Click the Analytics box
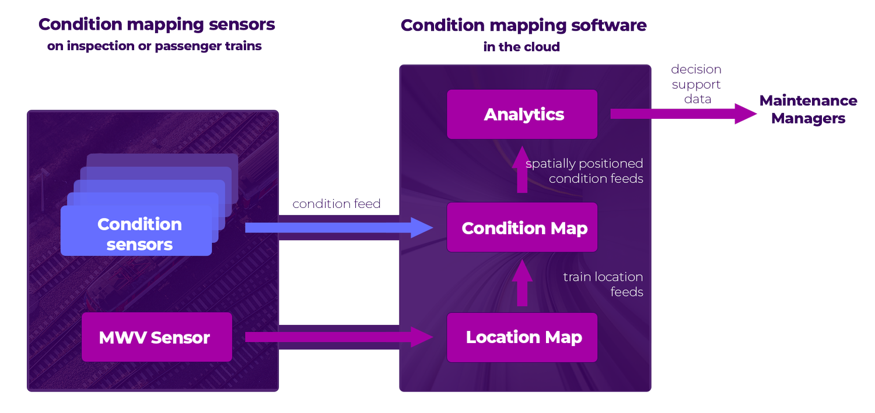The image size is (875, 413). (522, 114)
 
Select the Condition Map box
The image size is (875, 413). (522, 228)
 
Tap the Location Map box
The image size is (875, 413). (522, 337)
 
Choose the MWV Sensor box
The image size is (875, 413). (156, 337)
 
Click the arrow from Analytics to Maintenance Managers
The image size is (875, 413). (682, 114)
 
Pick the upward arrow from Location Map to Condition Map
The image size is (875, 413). (522, 283)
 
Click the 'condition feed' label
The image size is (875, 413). (337, 204)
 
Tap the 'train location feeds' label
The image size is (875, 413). (603, 284)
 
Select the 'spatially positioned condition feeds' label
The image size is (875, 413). (584, 171)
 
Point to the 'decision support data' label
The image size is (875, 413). (696, 84)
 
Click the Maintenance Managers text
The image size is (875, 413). (808, 110)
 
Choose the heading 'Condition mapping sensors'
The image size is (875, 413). (156, 25)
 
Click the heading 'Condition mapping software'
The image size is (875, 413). (523, 26)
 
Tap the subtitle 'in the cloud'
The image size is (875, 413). (521, 47)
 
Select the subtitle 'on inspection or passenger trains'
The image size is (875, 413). (155, 46)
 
